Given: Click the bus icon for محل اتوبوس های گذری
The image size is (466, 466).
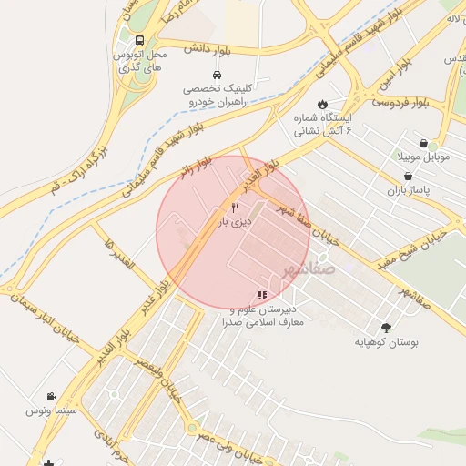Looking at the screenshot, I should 138,41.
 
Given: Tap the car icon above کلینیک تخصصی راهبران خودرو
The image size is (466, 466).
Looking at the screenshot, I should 216,75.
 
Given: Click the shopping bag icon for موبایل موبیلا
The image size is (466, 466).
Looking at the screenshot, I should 424,143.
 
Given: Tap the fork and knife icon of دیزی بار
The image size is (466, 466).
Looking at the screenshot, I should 236,208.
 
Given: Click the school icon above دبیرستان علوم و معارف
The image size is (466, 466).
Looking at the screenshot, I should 262,295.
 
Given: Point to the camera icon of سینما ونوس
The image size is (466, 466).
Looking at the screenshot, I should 51,396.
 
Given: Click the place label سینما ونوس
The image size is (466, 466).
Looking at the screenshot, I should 50,411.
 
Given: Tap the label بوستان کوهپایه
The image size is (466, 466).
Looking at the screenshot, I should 389,343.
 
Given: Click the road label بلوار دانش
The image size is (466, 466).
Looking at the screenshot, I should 211,47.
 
